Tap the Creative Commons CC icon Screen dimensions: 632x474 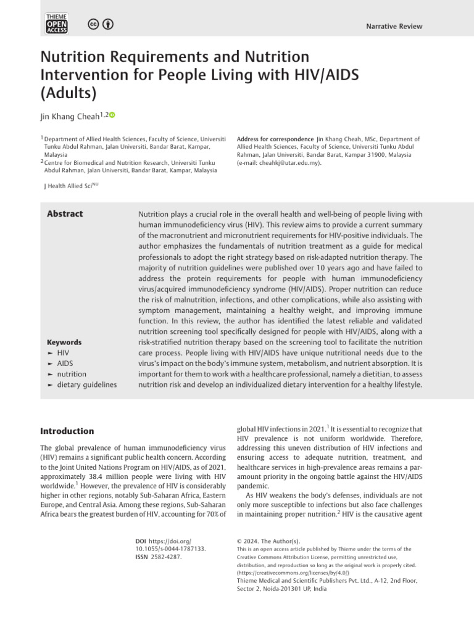click(x=94, y=24)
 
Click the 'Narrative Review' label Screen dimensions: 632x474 click(x=394, y=27)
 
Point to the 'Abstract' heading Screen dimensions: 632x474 click(x=65, y=214)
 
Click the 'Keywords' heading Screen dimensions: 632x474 click(x=64, y=343)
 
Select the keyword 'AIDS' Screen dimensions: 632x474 click(x=65, y=364)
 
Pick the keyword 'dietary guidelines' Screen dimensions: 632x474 click(x=86, y=385)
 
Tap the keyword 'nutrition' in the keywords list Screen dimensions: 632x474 click(x=72, y=374)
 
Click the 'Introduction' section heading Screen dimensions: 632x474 click(x=67, y=431)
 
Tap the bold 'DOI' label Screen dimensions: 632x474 click(x=142, y=540)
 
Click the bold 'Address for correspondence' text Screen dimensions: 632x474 click(x=275, y=139)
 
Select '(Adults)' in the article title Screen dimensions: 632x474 click(x=69, y=93)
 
